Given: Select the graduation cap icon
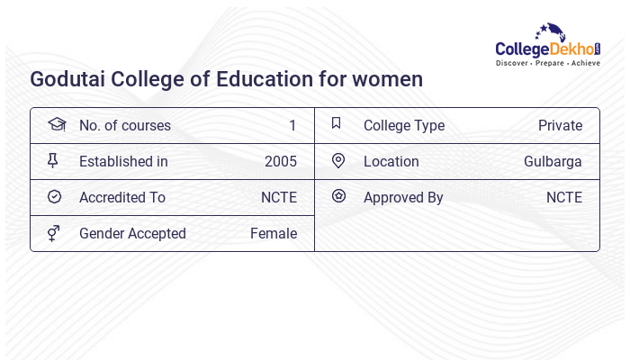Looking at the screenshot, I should point(55,125).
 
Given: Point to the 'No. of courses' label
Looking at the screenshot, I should point(125,126).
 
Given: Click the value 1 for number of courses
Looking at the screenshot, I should point(292,126).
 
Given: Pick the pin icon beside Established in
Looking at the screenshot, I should point(53,161).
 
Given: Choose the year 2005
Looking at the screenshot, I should point(281,162).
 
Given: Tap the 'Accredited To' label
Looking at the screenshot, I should point(122,198).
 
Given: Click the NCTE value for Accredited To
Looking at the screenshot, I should point(279,198).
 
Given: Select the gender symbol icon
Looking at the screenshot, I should point(54,233).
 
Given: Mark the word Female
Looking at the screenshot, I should point(274,234).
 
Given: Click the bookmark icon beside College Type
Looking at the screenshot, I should point(337,124).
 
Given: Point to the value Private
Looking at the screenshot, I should point(560,126).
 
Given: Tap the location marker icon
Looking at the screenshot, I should point(338,161).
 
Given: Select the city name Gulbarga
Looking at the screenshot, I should point(553,162).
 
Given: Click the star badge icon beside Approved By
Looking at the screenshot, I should point(338,196).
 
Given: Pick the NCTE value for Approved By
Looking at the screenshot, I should point(564,198).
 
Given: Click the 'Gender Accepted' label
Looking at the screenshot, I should point(132,234).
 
